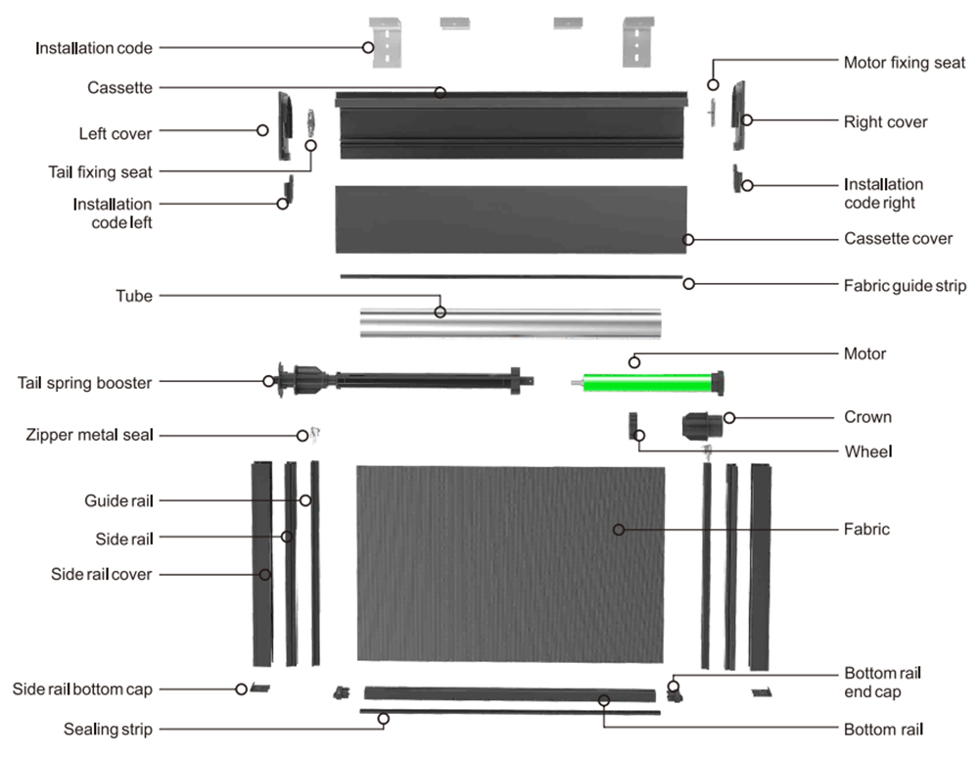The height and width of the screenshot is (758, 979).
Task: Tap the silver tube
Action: [511, 323]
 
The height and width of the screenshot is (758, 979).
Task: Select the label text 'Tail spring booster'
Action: [84, 383]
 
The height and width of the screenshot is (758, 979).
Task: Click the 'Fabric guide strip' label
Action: [905, 286]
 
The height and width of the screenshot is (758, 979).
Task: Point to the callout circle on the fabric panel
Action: [619, 530]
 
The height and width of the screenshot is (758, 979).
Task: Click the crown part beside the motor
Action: [702, 426]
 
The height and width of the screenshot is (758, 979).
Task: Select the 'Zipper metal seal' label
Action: [89, 435]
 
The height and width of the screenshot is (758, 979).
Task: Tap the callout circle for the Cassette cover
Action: [688, 240]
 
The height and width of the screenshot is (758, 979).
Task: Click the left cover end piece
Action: [285, 125]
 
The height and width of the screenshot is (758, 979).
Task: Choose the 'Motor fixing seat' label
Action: [904, 63]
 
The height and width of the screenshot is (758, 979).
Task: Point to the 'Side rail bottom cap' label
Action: [82, 689]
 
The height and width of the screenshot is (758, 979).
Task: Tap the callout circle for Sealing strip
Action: [384, 719]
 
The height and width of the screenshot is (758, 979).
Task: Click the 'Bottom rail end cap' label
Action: [882, 683]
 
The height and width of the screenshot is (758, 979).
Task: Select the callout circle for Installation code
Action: [368, 47]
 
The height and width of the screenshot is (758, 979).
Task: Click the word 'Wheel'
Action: [867, 451]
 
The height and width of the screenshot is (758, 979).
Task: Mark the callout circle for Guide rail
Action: [305, 500]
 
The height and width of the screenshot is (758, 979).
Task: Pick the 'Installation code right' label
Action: [883, 194]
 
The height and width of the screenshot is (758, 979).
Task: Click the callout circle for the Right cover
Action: [747, 119]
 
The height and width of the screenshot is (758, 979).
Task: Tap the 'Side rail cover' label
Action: [101, 575]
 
